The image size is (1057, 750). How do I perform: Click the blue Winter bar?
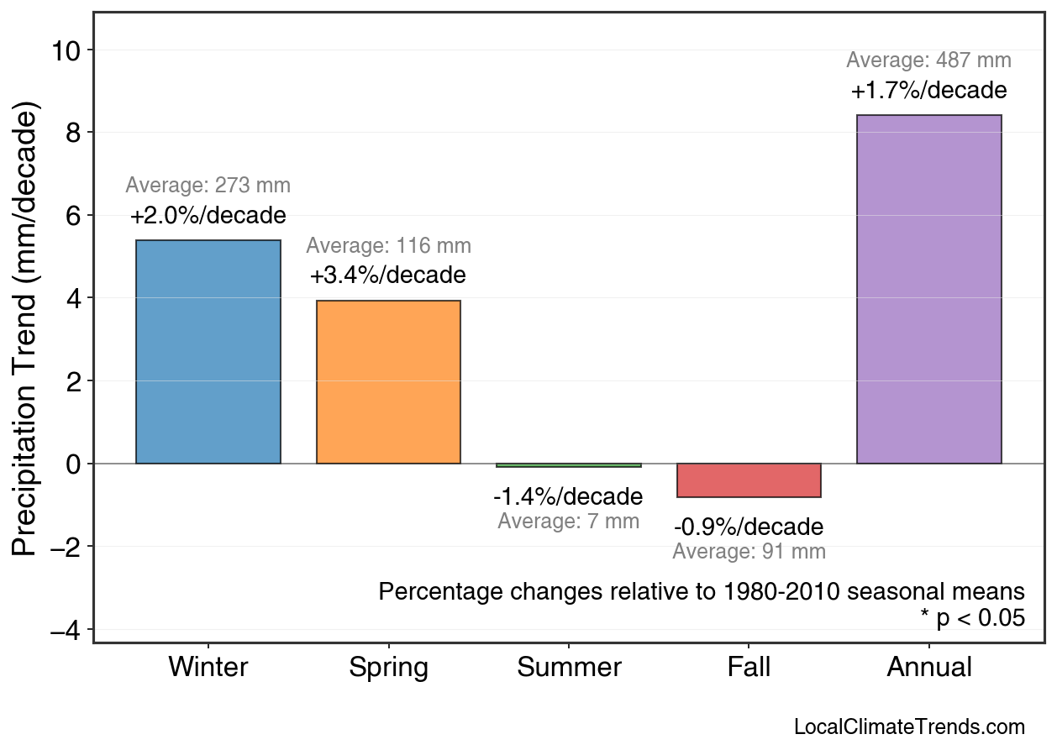[x=208, y=352]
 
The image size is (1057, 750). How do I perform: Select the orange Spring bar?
[x=388, y=382]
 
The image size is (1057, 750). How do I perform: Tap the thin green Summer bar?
[x=569, y=465]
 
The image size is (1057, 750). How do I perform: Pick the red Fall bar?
[x=749, y=480]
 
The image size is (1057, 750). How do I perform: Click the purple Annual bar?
[x=928, y=289]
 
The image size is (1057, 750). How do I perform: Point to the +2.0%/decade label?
[x=208, y=216]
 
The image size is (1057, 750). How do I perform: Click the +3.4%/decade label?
[x=387, y=275]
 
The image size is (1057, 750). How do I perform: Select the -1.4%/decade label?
[x=568, y=496]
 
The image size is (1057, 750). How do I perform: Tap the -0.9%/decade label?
[x=749, y=527]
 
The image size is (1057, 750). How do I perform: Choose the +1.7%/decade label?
[x=928, y=91]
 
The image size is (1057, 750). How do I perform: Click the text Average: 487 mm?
[x=928, y=60]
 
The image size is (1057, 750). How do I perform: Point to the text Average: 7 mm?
[x=568, y=522]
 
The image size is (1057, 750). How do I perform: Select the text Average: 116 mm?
[x=388, y=246]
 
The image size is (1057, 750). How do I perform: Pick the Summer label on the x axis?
[x=569, y=668]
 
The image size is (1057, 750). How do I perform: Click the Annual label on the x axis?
[x=928, y=668]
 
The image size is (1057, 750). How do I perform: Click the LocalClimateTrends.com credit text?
[x=909, y=727]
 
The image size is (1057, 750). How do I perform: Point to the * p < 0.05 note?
[x=972, y=619]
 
